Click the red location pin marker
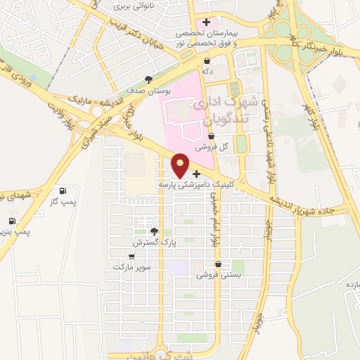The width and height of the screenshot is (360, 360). point(181,165)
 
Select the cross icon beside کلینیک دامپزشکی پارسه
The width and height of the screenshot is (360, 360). point(196,173)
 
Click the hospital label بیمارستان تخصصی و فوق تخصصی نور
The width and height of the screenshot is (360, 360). point(205,38)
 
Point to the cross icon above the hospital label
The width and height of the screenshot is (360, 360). point(205,24)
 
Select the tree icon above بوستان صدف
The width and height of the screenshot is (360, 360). point(148,79)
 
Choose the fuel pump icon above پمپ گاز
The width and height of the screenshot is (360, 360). point(63,191)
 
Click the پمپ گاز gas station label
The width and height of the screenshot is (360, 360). point(62,202)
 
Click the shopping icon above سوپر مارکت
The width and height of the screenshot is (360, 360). point(131,257)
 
